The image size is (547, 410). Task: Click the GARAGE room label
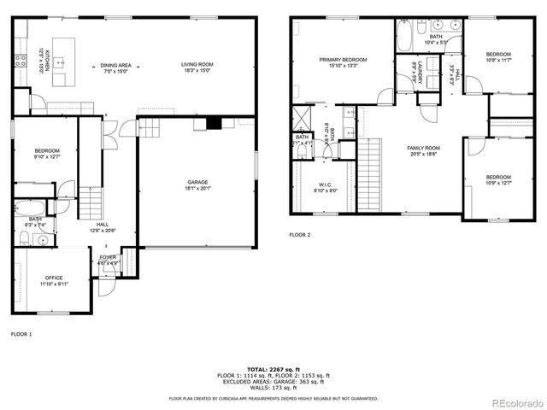click(198, 182)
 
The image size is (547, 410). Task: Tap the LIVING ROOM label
click(197, 65)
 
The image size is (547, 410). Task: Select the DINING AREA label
click(116, 65)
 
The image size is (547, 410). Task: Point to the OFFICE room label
click(54, 278)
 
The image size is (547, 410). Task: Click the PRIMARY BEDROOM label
click(344, 60)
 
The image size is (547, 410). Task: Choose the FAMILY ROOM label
click(423, 148)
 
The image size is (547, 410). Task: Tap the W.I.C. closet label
click(326, 184)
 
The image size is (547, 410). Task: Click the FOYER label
click(108, 257)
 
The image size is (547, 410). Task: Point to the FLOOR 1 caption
click(21, 333)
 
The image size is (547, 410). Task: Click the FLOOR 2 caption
click(300, 234)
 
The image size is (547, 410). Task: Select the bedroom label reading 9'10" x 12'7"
click(47, 156)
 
